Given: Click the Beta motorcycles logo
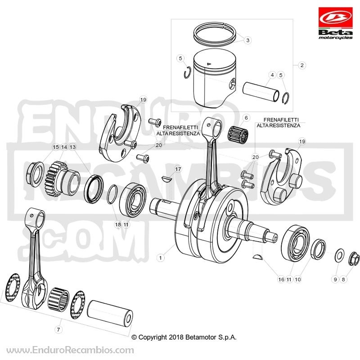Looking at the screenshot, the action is pyautogui.click(x=335, y=23).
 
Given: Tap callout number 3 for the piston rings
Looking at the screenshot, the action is pyautogui.click(x=247, y=40).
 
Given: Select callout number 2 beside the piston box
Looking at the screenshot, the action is pyautogui.click(x=302, y=65).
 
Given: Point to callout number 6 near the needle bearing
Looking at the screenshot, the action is pyautogui.click(x=246, y=118).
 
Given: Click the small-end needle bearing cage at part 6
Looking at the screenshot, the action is pyautogui.click(x=238, y=134).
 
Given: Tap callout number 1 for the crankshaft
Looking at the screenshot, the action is pyautogui.click(x=161, y=257).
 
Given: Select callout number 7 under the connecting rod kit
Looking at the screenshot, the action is pyautogui.click(x=58, y=329).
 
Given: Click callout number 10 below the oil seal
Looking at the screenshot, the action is pyautogui.click(x=297, y=279).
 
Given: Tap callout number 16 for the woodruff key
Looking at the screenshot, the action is pyautogui.click(x=281, y=279).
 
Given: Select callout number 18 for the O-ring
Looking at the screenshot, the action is pyautogui.click(x=118, y=224).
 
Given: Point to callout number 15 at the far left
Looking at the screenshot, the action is pyautogui.click(x=56, y=147).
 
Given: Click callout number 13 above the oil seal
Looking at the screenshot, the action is pyautogui.click(x=72, y=147).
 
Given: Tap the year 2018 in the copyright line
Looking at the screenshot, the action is pyautogui.click(x=176, y=337).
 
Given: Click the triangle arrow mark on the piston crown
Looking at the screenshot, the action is pyautogui.click(x=209, y=63).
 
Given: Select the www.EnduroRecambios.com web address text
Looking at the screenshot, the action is pyautogui.click(x=70, y=350).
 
